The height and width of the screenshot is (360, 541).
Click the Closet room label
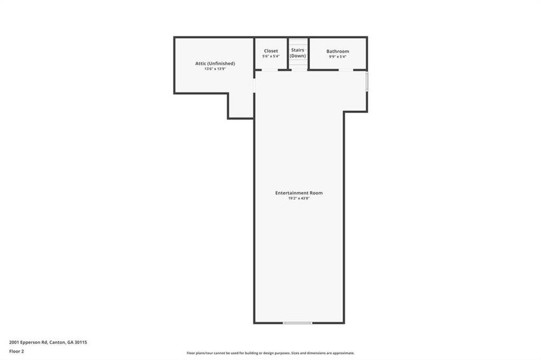tap(271, 51)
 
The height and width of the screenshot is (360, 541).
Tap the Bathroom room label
tap(337, 52)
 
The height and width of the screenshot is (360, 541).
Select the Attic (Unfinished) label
tap(214, 63)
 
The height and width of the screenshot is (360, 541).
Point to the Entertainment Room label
tap(299, 193)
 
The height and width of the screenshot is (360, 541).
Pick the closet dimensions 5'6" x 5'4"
tap(271, 56)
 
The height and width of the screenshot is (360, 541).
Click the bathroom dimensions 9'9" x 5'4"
tap(337, 57)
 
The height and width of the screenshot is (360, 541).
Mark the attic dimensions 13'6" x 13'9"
tap(214, 68)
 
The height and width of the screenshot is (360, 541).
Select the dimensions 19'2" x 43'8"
tap(299, 198)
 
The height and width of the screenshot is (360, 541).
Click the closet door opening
tap(270, 70)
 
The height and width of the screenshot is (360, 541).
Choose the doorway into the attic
tap(254, 86)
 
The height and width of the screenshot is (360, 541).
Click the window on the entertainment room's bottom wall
tap(297, 323)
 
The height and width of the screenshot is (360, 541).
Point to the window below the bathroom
tap(367, 81)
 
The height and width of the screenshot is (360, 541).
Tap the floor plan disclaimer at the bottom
tap(270, 353)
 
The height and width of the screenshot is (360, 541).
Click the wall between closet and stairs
tap(288, 53)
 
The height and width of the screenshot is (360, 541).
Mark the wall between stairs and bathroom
tap(308, 53)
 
